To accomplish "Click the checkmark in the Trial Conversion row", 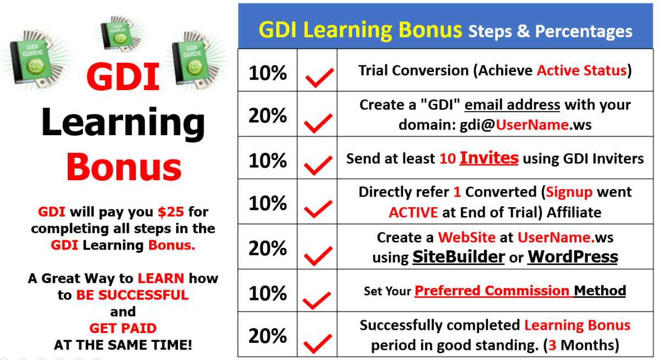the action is coord(320,77).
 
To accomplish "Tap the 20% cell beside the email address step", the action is coord(267,115).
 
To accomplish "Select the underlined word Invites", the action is coord(489,158).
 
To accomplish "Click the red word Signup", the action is coord(569,192).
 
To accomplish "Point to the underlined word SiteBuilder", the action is coord(459,257).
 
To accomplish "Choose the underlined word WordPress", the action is coord(573,257).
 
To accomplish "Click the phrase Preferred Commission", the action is coord(492,291).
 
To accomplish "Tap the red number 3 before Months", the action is coord(552,345).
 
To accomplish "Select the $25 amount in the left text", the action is coord(170,212).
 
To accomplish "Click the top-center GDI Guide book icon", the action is coord(120,35).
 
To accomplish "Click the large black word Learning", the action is coord(123,124).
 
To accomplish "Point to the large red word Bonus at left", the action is coord(124,167).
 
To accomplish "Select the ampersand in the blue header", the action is coord(523,31).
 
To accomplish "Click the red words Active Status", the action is coord(582,71).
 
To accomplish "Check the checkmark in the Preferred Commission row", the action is coord(317,300).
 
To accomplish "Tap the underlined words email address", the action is coord(512,105).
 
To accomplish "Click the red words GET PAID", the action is coord(123,328).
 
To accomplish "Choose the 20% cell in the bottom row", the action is coord(267,335).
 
